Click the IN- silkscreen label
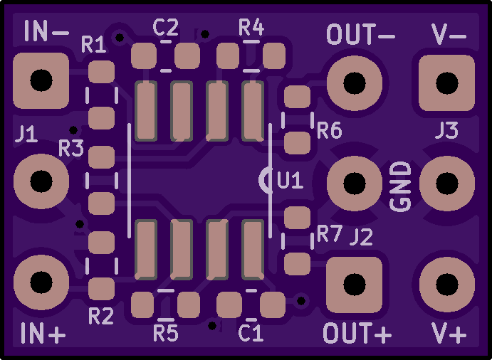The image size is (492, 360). click(46, 31)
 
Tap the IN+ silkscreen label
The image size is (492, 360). click(43, 333)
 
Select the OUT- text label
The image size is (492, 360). click(360, 34)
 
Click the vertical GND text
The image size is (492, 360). click(400, 186)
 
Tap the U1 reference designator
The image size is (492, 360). click(291, 180)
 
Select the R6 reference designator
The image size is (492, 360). click(329, 130)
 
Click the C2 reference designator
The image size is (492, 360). click(166, 27)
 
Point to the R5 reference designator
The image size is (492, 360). click(166, 333)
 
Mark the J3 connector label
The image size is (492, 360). click(447, 130)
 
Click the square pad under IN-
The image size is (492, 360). click(41, 80)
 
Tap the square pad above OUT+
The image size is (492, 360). click(355, 285)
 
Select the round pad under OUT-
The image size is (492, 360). click(355, 83)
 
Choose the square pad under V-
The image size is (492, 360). click(447, 83)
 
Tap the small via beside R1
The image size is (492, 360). click(120, 38)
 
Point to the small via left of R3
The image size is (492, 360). click(73, 129)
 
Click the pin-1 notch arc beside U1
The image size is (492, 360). click(263, 180)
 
